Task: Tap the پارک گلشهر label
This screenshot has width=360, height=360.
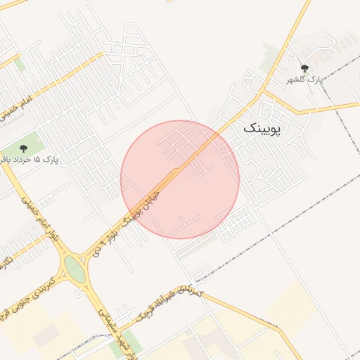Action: point(304,80)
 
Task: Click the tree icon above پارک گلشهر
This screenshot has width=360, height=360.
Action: point(304,68)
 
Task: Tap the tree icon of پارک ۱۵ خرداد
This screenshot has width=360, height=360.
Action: point(24,148)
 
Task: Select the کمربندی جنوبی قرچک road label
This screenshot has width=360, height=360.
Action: point(28,289)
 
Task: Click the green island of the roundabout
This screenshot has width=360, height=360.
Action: point(75,269)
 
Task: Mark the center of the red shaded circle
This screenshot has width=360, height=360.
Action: point(180,179)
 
